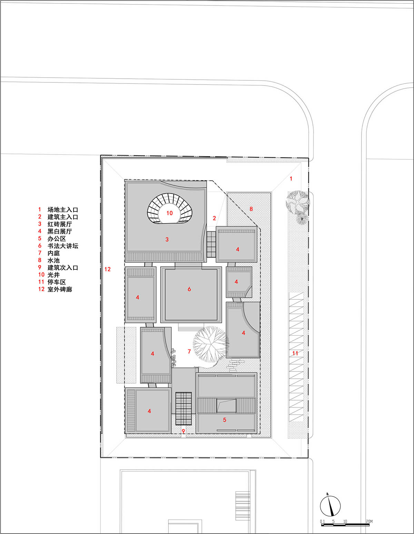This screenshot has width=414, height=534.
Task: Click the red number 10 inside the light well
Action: pos(169,213)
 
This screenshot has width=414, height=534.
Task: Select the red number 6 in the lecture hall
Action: pos(189,289)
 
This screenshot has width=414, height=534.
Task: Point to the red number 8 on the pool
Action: pos(251,209)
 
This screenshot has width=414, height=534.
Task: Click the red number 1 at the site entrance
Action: pos(291,179)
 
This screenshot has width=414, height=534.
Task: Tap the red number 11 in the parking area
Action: pos(295,353)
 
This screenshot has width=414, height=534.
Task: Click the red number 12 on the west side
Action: pos(108,269)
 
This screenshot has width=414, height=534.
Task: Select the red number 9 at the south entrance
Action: pos(183,431)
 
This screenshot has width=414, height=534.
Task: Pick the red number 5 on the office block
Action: pos(225,420)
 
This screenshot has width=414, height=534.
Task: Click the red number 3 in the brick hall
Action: pos(167,239)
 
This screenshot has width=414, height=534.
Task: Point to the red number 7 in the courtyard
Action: pos(189,352)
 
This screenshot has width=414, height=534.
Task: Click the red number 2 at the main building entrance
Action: pos(214,218)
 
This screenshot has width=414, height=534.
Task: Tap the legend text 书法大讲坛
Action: pos(63,246)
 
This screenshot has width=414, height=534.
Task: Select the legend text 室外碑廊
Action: pos(60,289)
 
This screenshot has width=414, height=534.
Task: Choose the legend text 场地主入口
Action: pos(63,210)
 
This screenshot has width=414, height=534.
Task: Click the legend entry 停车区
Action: pos(57,282)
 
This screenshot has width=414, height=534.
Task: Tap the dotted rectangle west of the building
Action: pos(126,355)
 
